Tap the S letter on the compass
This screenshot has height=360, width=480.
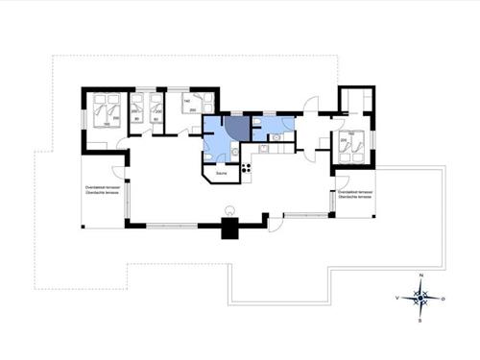pos(420,321)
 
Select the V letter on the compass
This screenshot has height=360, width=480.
pos(397,299)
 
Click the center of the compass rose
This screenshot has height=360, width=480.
pos(420,299)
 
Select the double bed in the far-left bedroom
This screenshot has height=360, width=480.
pos(106,110)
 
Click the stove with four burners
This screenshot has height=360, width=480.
pos(246,169)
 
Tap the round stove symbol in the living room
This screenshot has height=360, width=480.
pos(228,210)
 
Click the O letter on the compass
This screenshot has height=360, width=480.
pos(443,299)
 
